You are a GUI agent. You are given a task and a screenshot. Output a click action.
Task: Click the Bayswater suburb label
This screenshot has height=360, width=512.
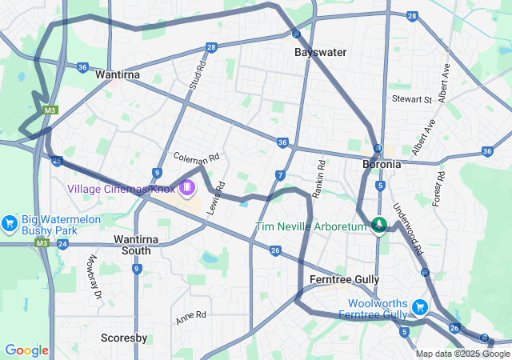(x=321, y=52)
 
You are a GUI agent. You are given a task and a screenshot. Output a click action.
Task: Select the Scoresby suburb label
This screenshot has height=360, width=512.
(x=124, y=338)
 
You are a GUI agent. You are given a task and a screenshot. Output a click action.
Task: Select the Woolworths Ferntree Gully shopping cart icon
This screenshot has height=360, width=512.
(x=419, y=307)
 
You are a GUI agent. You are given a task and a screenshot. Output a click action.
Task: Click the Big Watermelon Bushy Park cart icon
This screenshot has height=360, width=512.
(x=10, y=222)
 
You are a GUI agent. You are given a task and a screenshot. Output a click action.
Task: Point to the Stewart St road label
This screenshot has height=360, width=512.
(x=411, y=99)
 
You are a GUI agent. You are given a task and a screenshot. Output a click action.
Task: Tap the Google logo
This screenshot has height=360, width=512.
(x=26, y=350)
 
